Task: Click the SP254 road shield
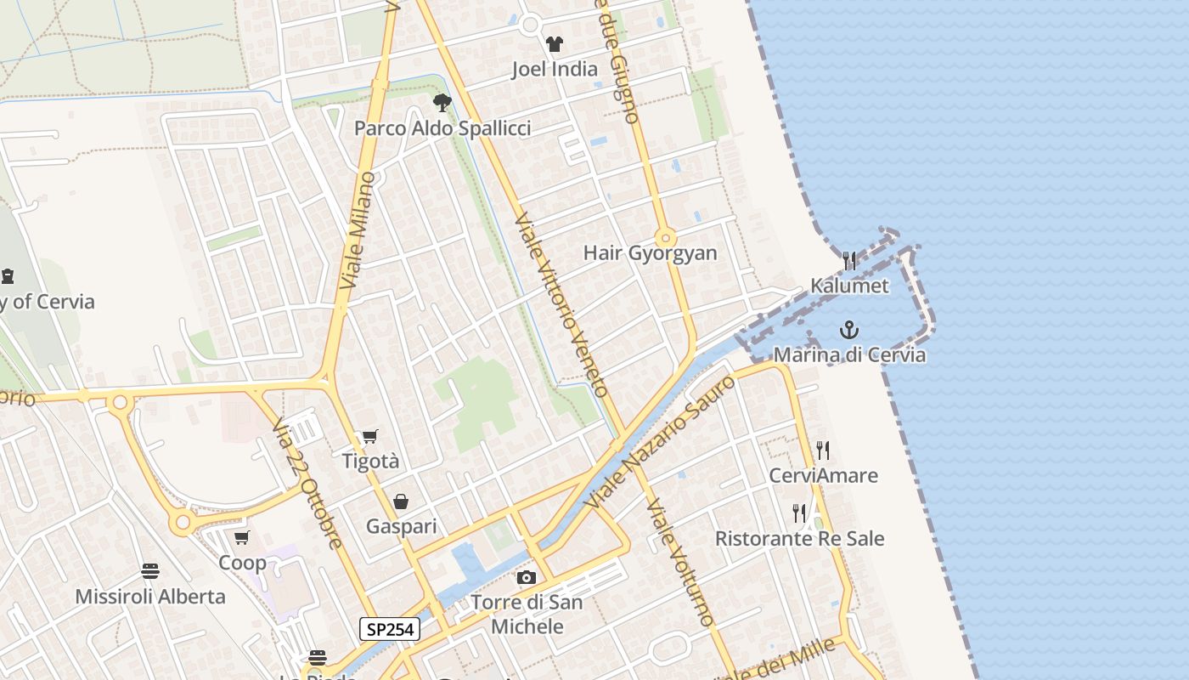click(390, 629)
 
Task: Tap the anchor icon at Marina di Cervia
click(848, 330)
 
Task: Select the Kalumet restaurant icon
click(849, 260)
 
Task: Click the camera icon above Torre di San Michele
click(527, 578)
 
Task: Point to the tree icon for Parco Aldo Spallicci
click(442, 103)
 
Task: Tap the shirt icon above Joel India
click(555, 44)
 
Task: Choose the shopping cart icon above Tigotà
click(369, 437)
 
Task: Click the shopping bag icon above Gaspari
click(401, 501)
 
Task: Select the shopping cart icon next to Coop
click(242, 537)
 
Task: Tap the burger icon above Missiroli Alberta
click(150, 570)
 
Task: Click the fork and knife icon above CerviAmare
click(822, 450)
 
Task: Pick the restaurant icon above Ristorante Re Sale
click(799, 513)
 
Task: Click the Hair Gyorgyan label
click(651, 253)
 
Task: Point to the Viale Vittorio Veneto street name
click(561, 305)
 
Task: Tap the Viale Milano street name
click(358, 229)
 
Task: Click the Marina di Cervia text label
click(849, 354)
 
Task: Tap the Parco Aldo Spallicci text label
click(442, 128)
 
